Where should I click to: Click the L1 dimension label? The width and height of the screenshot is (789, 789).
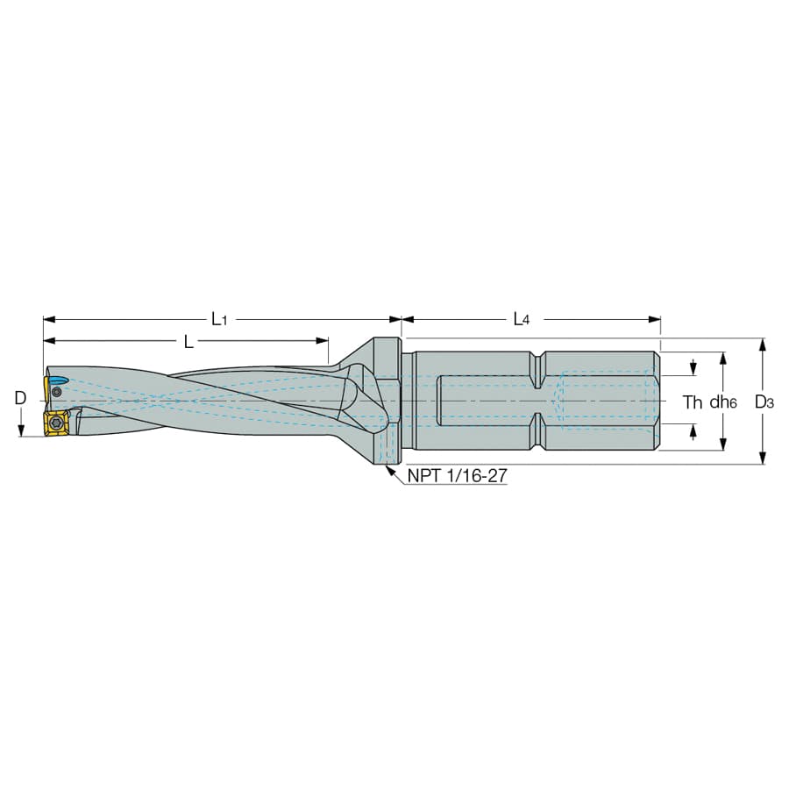(x=219, y=319)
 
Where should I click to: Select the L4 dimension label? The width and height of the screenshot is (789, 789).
(x=522, y=319)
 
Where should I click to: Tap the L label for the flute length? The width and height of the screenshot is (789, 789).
(x=188, y=342)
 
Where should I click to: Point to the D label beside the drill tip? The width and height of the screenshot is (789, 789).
(x=20, y=398)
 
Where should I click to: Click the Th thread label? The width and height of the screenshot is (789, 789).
(x=693, y=402)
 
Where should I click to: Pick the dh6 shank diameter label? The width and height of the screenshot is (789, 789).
(x=723, y=402)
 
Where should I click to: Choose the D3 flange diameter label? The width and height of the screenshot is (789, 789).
(x=764, y=402)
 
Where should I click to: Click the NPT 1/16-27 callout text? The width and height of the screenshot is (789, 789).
(x=457, y=475)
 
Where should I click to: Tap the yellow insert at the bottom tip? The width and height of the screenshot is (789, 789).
(x=56, y=423)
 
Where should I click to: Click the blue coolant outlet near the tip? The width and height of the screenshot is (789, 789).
(x=59, y=380)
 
